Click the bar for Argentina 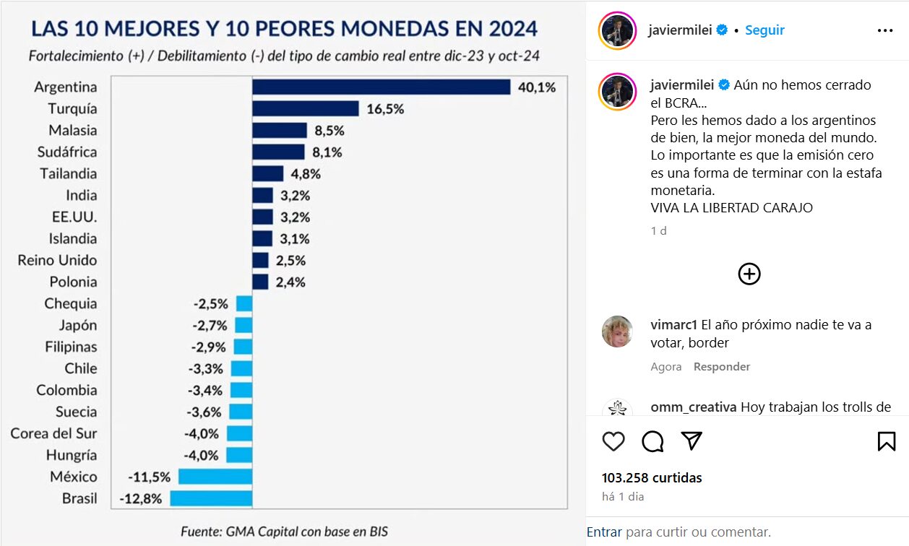(382, 87)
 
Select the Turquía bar (306, 108)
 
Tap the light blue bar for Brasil (211, 498)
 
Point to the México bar (215, 477)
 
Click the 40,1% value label (537, 87)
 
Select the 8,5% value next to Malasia (329, 131)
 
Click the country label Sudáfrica (67, 152)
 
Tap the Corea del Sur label (53, 433)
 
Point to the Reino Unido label (57, 260)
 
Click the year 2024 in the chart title (503, 29)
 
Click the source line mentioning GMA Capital (284, 531)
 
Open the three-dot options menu (885, 30)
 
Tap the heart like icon (613, 441)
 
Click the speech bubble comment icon (652, 441)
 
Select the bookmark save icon (887, 441)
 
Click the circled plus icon (749, 274)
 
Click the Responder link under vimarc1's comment (722, 367)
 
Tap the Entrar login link (604, 532)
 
